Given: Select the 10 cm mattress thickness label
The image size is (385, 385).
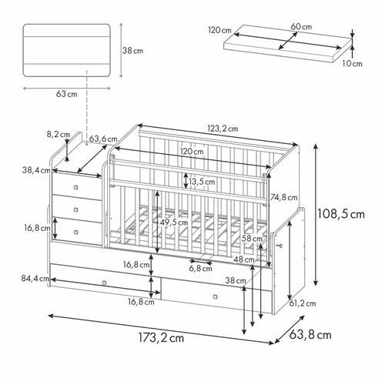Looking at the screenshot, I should [x=353, y=64].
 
